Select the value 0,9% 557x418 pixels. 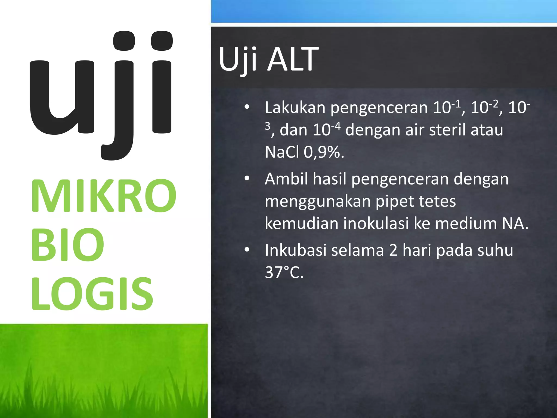pos(324,152)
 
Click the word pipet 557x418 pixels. pos(394,201)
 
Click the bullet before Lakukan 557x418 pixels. pos(247,107)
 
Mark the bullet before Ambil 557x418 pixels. pos(247,179)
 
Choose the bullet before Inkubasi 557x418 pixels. pos(247,250)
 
